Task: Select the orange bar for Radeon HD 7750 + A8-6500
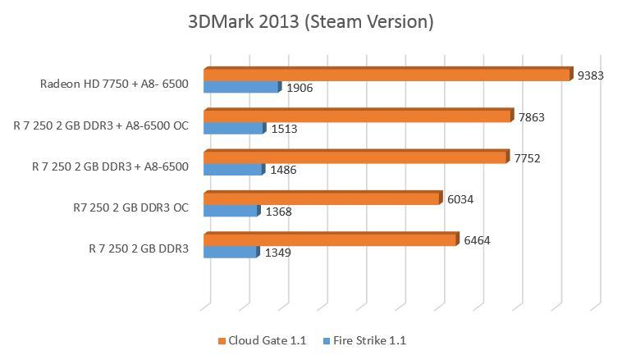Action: [386, 75]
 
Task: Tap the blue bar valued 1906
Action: [241, 87]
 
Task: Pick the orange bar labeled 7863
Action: [357, 116]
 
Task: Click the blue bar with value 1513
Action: [234, 129]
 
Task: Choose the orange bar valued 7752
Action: [354, 157]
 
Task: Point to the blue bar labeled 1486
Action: [233, 170]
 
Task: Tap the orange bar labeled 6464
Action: [329, 239]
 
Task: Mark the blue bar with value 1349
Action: [231, 253]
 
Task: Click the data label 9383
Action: [591, 75]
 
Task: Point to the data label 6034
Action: [460, 199]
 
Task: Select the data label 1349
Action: [277, 253]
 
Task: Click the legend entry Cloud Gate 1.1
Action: [262, 340]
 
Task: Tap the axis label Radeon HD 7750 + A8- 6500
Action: [114, 84]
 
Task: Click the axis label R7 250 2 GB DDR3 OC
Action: [130, 207]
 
